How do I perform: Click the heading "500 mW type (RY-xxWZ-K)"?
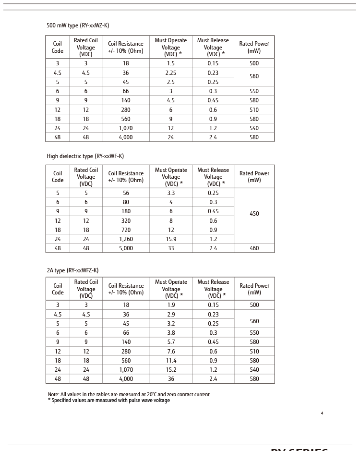(x=78, y=25)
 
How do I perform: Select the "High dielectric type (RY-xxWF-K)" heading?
(x=85, y=156)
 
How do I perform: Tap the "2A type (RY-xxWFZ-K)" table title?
(x=72, y=270)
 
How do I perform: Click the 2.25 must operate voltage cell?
(x=170, y=73)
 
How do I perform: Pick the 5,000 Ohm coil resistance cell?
(x=126, y=248)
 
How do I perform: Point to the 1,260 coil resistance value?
(x=126, y=239)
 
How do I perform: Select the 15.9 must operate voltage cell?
(x=171, y=239)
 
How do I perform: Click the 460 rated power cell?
(x=254, y=248)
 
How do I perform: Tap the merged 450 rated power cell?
(x=254, y=214)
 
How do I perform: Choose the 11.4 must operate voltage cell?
(x=171, y=361)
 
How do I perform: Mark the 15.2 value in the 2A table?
(x=171, y=370)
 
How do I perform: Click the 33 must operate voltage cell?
(x=171, y=248)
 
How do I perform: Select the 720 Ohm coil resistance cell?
(x=126, y=230)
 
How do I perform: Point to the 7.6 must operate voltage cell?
(x=171, y=352)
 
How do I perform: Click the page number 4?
(x=322, y=413)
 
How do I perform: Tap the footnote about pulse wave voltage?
(x=108, y=401)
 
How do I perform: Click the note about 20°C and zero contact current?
(x=129, y=394)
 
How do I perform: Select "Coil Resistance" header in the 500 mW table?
(x=125, y=47)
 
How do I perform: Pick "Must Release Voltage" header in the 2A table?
(x=213, y=289)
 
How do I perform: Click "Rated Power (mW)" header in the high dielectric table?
(x=254, y=177)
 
